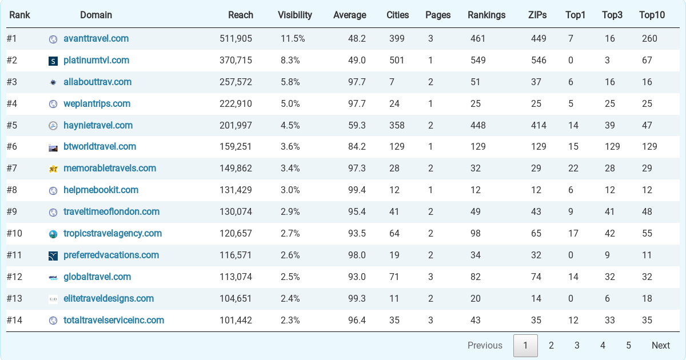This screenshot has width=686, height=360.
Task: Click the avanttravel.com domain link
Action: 96,39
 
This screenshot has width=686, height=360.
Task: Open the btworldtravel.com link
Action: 99,147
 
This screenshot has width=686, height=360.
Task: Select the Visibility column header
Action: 294,15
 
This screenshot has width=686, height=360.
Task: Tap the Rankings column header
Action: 486,15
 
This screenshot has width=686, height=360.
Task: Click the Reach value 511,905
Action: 236,39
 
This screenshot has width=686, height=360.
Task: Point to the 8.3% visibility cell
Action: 290,61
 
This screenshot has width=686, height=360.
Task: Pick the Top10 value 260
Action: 649,39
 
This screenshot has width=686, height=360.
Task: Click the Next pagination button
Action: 661,345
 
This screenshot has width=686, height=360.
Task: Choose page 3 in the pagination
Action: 577,345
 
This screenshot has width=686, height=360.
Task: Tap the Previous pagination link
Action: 485,345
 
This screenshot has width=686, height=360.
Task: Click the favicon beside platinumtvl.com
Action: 53,61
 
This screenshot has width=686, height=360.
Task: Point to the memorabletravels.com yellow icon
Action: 53,169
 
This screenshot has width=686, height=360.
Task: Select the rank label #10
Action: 14,234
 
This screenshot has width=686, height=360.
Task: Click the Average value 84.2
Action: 357,147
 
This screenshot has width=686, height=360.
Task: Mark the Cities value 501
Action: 397,61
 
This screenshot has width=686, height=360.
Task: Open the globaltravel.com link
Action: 97,277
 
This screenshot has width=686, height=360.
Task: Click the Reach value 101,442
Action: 236,321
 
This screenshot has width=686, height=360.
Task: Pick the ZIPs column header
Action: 537,15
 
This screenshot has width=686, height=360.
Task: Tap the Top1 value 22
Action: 573,169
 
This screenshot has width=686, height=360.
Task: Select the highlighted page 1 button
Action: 525,346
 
